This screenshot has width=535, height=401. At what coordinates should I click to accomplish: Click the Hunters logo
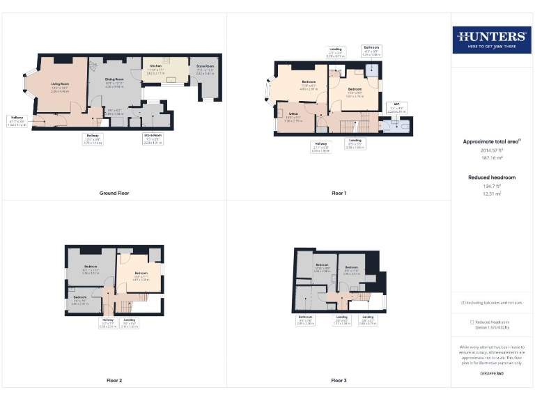click(x=491, y=40)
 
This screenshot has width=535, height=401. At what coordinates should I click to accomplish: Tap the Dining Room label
click(x=114, y=80)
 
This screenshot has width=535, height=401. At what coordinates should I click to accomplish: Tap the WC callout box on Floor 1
click(x=397, y=109)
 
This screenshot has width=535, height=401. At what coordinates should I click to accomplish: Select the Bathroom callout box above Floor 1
click(x=371, y=50)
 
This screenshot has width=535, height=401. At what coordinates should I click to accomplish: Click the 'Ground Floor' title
click(x=114, y=193)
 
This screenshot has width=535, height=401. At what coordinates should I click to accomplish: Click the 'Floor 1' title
click(x=339, y=193)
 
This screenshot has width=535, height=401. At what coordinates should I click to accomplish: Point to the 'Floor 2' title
click(x=114, y=381)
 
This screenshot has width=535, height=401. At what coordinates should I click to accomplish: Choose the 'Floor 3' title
click(x=339, y=381)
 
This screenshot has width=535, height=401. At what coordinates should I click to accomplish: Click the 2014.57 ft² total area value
click(x=492, y=150)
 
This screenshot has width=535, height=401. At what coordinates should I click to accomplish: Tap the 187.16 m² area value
click(x=492, y=158)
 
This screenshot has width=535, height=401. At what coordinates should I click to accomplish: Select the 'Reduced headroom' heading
click(x=492, y=178)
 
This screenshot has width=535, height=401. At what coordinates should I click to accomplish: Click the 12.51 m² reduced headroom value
click(x=492, y=194)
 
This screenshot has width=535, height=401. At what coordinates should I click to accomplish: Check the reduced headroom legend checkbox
click(x=472, y=322)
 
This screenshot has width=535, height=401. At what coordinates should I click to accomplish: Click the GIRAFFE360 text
click(x=492, y=374)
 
